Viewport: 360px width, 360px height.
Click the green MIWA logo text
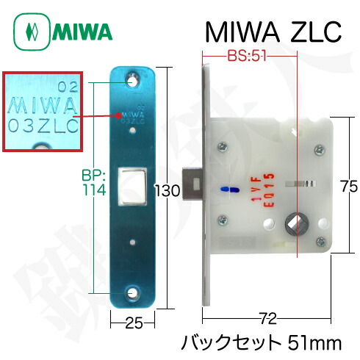pos(81,33)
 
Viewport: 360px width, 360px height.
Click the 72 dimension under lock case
pos(268,318)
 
